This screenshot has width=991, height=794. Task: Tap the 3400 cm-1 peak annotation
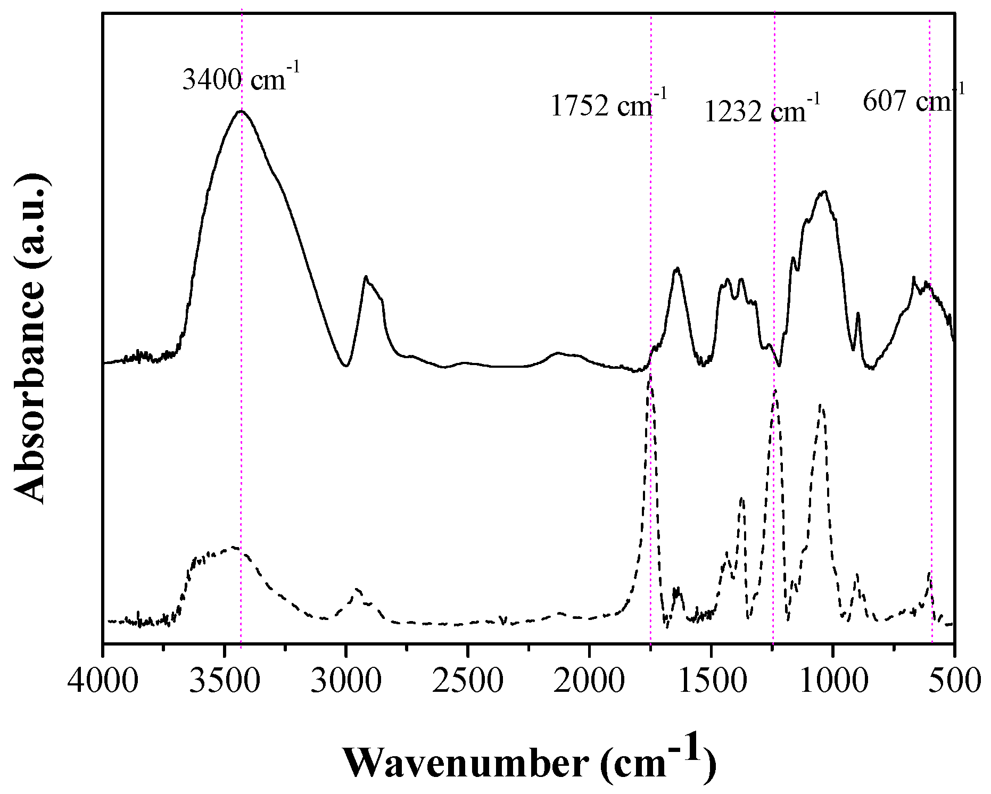pos(241,78)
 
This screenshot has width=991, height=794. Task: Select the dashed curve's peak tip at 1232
pos(775,391)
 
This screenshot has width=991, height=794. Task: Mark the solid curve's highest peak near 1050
pos(824,192)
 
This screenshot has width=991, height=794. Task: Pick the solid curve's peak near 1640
pos(677,268)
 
